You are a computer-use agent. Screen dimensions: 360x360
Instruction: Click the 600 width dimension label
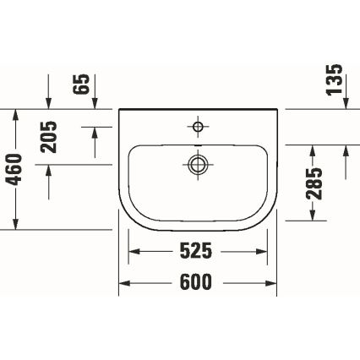pyautogui.click(x=197, y=282)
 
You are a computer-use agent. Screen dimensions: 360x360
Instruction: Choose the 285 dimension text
pyautogui.click(x=314, y=182)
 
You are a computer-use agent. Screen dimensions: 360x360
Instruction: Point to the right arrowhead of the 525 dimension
pyautogui.click(x=261, y=252)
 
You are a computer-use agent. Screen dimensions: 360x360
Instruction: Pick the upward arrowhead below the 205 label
pyautogui.click(x=49, y=169)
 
